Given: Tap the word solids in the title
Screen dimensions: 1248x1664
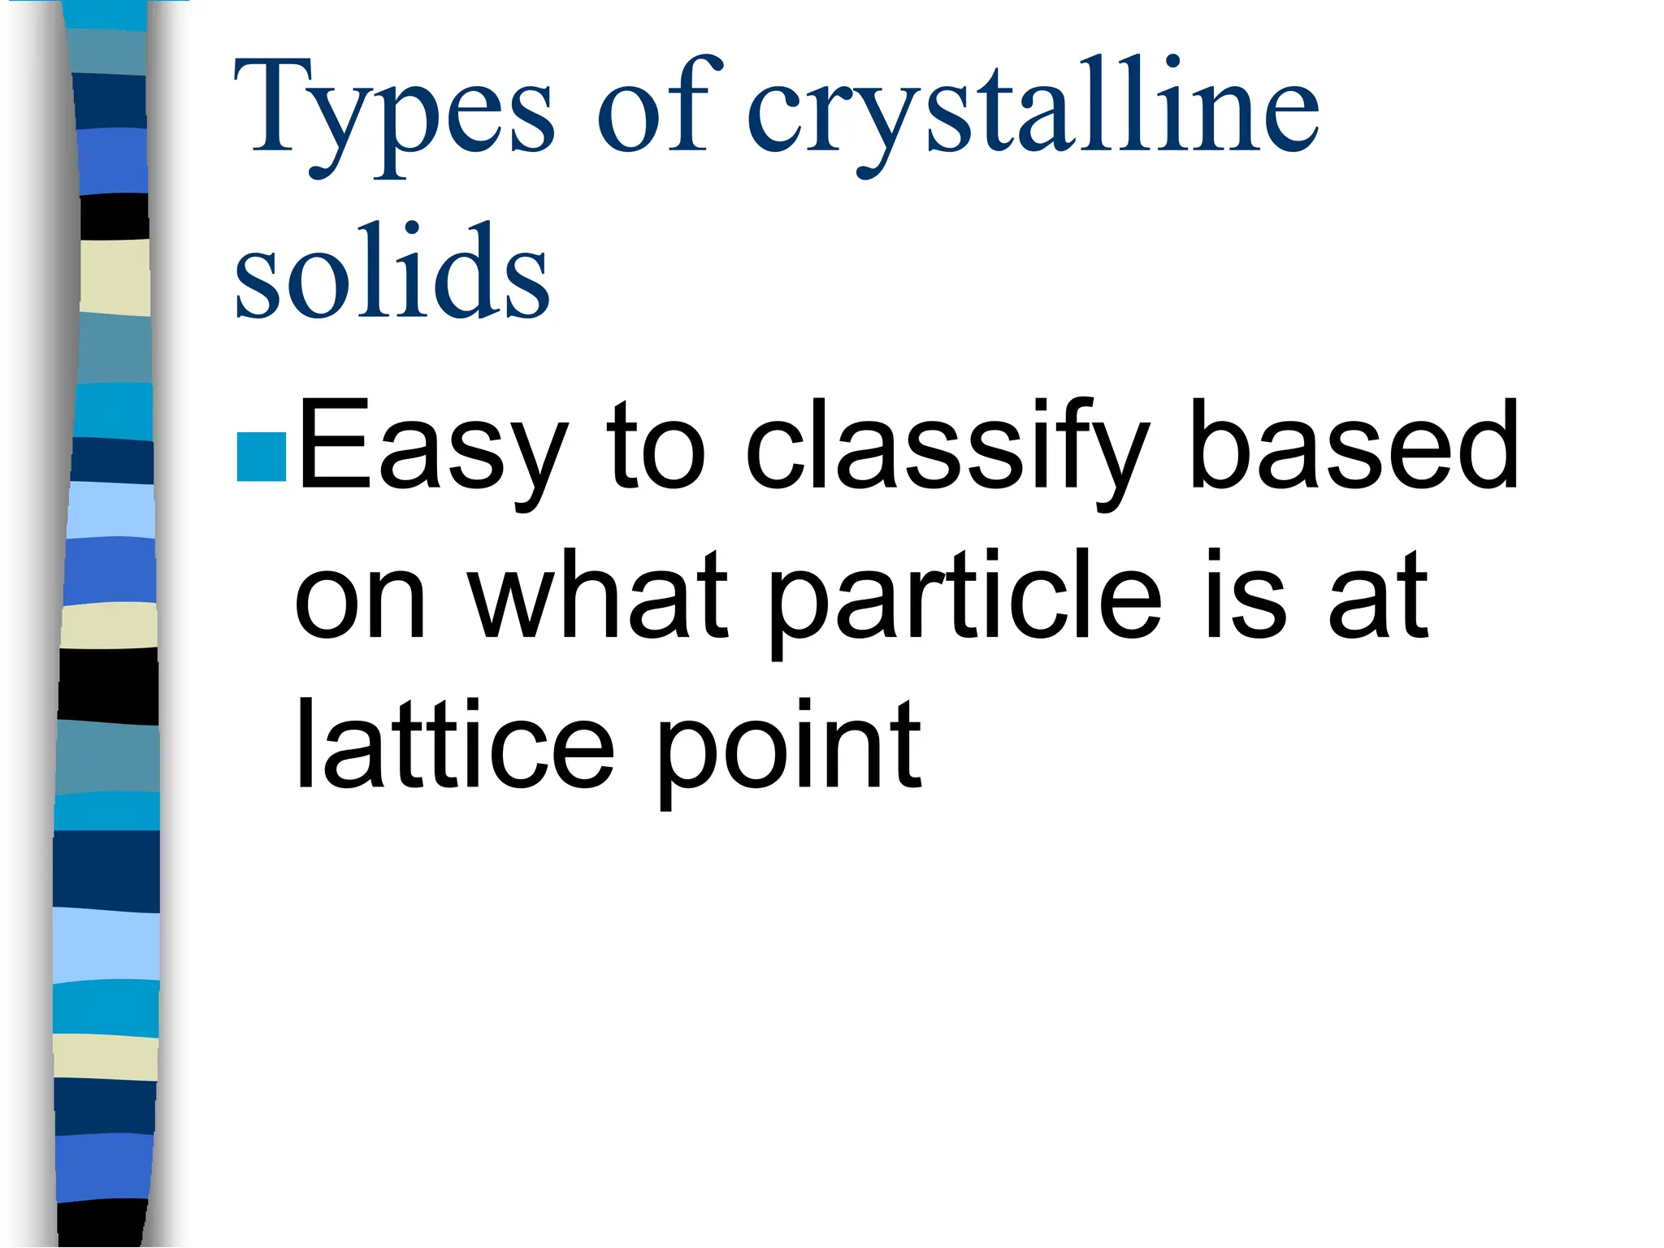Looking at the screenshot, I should coord(392,272).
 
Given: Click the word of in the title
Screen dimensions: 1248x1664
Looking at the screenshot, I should coord(658,106).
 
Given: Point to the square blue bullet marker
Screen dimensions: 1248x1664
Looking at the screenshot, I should coord(262,457).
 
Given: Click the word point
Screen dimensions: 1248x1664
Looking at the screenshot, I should coord(788,747).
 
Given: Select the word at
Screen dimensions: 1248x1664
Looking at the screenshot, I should coord(1378,597).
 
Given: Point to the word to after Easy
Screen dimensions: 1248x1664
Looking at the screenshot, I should coord(657,447).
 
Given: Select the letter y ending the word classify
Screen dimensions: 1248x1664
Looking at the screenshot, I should coord(1121,463).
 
